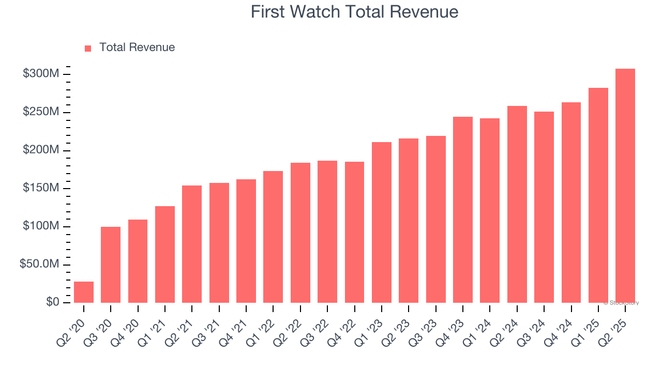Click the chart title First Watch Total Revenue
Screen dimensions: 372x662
[354, 12]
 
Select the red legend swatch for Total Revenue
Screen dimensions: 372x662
[88, 48]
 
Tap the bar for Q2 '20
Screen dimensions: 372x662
[84, 292]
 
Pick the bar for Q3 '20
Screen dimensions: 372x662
[111, 265]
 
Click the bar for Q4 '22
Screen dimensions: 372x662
[354, 232]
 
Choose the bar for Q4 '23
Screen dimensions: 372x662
[462, 210]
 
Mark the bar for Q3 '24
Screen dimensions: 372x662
[544, 207]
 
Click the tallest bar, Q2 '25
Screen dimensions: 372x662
[625, 185]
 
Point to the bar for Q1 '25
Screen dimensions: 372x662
[598, 195]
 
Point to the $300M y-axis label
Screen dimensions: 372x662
[40, 74]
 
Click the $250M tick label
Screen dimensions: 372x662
[40, 112]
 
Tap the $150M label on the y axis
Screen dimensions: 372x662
[40, 188]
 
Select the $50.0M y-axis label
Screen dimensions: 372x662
[39, 264]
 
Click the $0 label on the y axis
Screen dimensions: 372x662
[52, 302]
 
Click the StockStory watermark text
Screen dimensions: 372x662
[621, 303]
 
